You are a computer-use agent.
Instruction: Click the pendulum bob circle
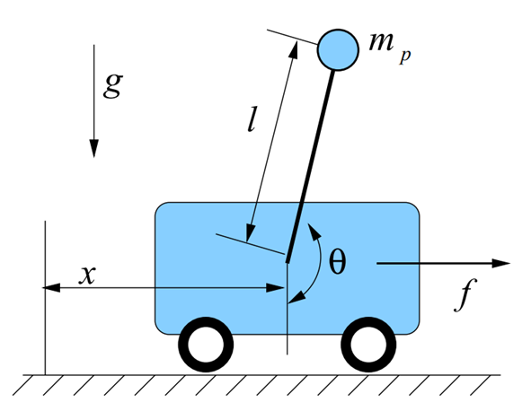pos(338,49)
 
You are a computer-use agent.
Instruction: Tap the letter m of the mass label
pos(381,42)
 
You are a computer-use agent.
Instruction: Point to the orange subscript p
pos(405,57)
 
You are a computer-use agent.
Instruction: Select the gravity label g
pos(113,86)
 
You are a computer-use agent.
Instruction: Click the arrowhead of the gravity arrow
pos(93,148)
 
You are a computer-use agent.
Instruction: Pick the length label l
pos(252,118)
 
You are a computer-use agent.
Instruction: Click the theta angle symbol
pos(338,262)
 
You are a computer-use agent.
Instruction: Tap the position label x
pos(87,275)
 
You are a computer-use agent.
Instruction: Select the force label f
pos(465,294)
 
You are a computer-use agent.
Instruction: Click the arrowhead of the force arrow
pos(500,263)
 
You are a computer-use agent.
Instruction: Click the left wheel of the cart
pos(206,345)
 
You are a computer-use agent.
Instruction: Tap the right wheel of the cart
pos(368,345)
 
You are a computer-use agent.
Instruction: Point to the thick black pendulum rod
pos(310,166)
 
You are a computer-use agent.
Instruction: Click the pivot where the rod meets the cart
pos(288,261)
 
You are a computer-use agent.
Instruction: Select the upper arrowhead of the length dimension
pos(294,50)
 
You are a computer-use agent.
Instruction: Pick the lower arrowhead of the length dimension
pos(251,232)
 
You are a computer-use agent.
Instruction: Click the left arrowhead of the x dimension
pos(51,288)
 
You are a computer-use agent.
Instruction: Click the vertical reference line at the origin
pos(45,298)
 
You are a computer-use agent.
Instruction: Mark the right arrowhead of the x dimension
pos(275,288)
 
